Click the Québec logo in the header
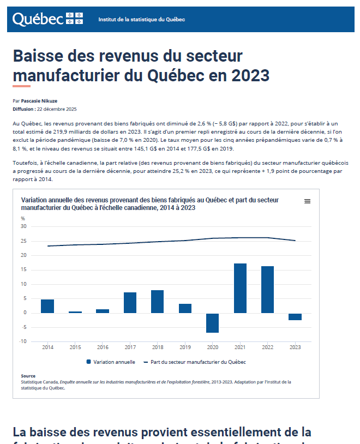click(x=47, y=19)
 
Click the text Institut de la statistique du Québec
click(x=141, y=20)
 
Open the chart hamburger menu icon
click(x=307, y=201)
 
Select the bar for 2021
click(x=240, y=288)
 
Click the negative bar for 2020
click(x=212, y=323)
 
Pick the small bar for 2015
click(x=75, y=312)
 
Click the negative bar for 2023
click(x=295, y=317)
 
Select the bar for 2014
click(x=47, y=306)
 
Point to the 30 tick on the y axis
click(x=23, y=226)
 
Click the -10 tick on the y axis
click(x=23, y=342)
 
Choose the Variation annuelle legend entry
click(x=111, y=362)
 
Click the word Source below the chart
click(x=28, y=376)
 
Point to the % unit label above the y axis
click(x=23, y=218)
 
